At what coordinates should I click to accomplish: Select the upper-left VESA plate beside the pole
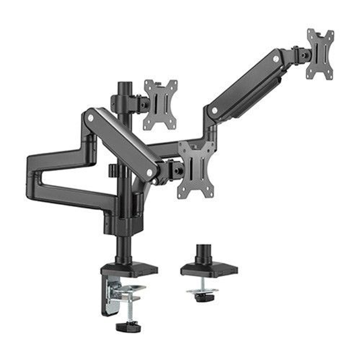(x=160, y=104)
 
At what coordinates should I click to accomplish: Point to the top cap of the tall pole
(x=123, y=85)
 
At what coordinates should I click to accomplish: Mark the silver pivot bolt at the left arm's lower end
(x=150, y=173)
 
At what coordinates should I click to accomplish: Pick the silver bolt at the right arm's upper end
(x=276, y=58)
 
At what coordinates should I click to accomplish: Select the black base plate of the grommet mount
(x=209, y=270)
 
